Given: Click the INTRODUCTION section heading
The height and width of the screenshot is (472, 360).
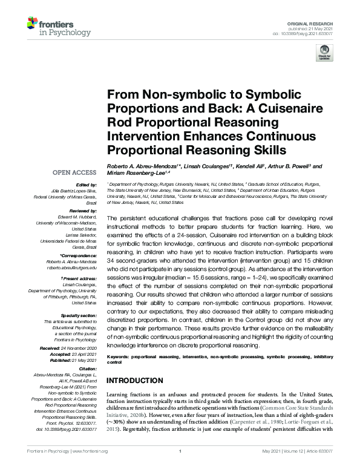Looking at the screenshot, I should click(x=137, y=381).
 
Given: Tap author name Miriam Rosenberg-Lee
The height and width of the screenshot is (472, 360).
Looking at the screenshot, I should click(x=139, y=173).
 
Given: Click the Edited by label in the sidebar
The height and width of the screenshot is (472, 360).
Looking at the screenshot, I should click(x=86, y=185).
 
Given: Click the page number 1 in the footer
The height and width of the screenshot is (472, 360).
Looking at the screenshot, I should click(x=180, y=468).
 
